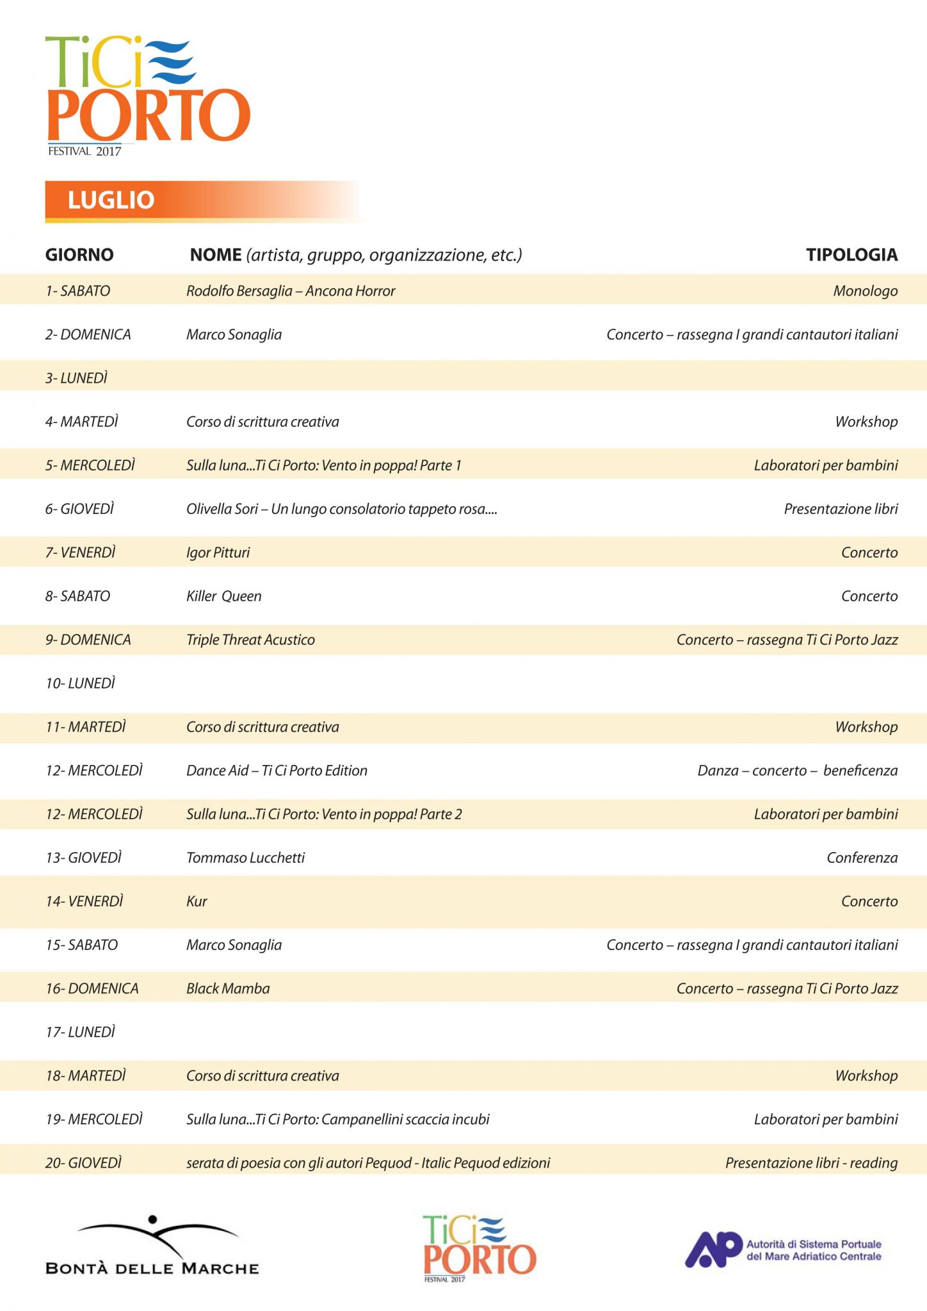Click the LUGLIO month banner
coord(111,200)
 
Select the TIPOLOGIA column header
coord(851,255)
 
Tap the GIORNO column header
coord(79,255)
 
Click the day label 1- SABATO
coord(77,291)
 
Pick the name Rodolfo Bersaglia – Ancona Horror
coord(291,291)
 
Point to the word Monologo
coord(865,291)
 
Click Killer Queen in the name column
coord(224,597)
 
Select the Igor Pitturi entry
coord(218,553)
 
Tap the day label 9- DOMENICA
coord(88,640)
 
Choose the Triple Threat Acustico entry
coord(250,640)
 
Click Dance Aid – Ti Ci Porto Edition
coord(277,771)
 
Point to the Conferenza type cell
coord(862,858)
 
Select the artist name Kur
coord(197,901)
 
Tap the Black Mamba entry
coord(228,988)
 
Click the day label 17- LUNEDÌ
coord(81,1032)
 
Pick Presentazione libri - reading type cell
coord(811,1163)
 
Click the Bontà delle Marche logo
coord(152,1246)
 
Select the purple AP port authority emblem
coord(713,1249)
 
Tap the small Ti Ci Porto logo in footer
coord(479,1249)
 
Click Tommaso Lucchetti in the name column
coord(246,858)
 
